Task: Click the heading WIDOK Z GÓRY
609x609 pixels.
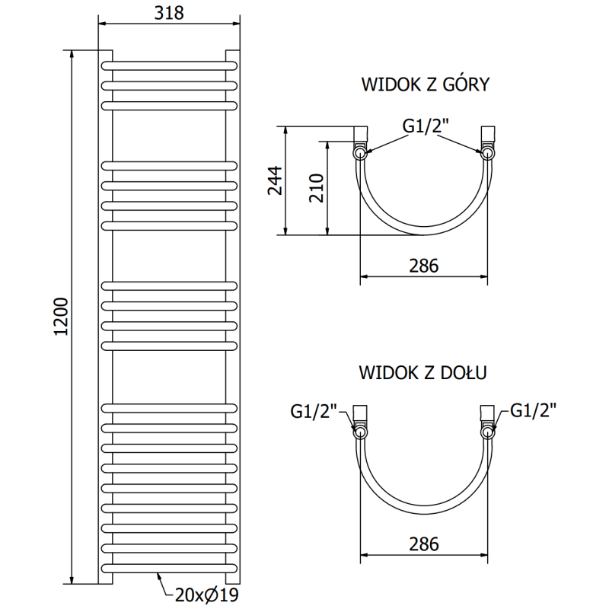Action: tap(424, 84)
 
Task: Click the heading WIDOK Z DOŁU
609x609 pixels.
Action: tap(423, 373)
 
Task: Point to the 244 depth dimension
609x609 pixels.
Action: tap(276, 180)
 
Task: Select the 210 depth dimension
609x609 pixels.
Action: tap(317, 189)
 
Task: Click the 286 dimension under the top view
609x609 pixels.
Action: tap(424, 266)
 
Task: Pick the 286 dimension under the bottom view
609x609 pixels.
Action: tap(424, 544)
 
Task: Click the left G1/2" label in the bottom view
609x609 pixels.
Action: tap(314, 411)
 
